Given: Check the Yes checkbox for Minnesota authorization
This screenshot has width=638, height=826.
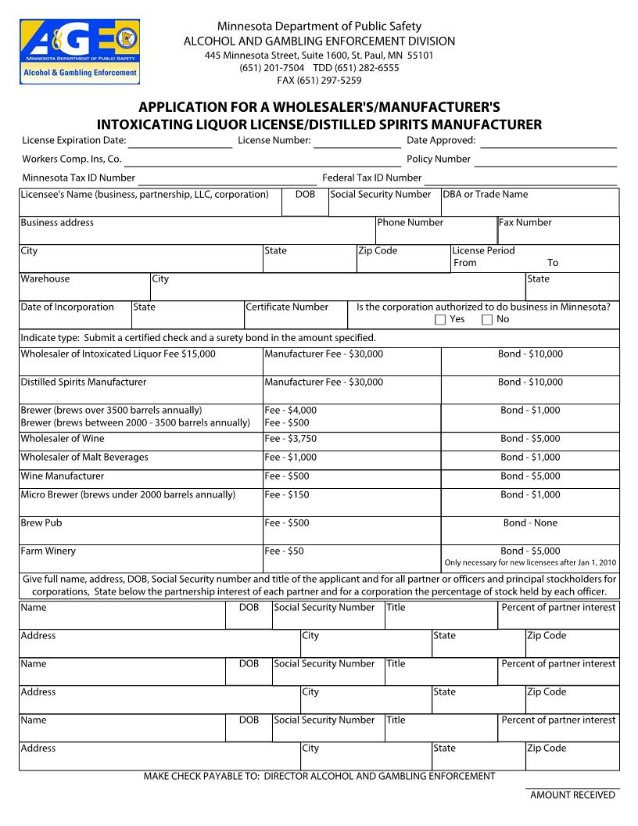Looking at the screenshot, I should pyautogui.click(x=440, y=320).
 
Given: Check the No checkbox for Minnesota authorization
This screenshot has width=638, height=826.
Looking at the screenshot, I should pyautogui.click(x=487, y=320).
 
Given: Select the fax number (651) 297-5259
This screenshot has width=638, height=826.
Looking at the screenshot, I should pyautogui.click(x=319, y=80).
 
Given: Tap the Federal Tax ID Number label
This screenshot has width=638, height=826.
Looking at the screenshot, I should pyautogui.click(x=371, y=178).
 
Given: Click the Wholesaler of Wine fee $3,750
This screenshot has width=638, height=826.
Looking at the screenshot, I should pyautogui.click(x=290, y=439).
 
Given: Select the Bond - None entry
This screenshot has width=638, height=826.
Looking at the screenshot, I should pyautogui.click(x=530, y=523).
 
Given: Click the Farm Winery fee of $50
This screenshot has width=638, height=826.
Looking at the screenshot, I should pyautogui.click(x=284, y=551).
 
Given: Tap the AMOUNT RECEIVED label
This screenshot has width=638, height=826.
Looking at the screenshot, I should pyautogui.click(x=572, y=795).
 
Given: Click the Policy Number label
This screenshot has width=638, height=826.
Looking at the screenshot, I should pyautogui.click(x=439, y=160).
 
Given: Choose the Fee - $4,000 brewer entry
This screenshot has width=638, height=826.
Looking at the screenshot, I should pyautogui.click(x=290, y=411).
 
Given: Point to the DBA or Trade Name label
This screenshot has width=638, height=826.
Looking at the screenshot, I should pyautogui.click(x=485, y=195).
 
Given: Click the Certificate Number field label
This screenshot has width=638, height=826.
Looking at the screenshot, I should pyautogui.click(x=287, y=307).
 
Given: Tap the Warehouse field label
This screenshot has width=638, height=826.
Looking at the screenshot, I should pyautogui.click(x=45, y=279).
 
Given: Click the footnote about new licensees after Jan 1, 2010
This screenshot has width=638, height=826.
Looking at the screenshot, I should pyautogui.click(x=530, y=562).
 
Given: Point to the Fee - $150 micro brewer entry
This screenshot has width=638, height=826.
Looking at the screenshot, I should pyautogui.click(x=287, y=495).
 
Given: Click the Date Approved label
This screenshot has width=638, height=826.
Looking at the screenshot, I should pyautogui.click(x=441, y=141).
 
